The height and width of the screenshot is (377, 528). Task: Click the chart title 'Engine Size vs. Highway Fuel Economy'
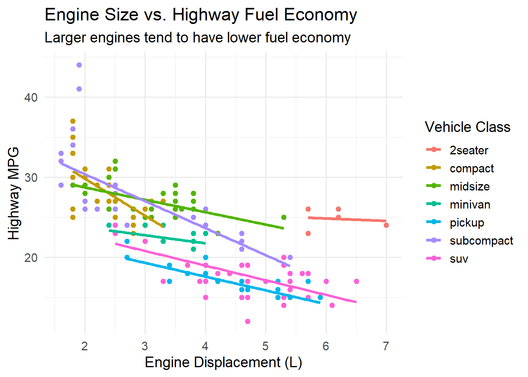pyautogui.click(x=201, y=15)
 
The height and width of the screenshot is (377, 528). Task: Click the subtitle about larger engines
pyautogui.click(x=197, y=38)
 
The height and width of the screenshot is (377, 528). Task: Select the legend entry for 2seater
pyautogui.click(x=469, y=150)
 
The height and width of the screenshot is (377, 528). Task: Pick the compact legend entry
pyautogui.click(x=471, y=168)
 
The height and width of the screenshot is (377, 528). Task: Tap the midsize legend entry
pyautogui.click(x=469, y=186)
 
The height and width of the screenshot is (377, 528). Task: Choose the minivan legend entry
pyautogui.click(x=470, y=204)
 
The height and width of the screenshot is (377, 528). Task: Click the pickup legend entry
pyautogui.click(x=467, y=222)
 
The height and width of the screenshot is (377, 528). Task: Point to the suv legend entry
pyautogui.click(x=459, y=258)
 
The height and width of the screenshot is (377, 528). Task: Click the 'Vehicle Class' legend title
pyautogui.click(x=467, y=127)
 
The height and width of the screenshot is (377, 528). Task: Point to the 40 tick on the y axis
pyautogui.click(x=31, y=97)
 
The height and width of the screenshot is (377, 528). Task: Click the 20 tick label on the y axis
pyautogui.click(x=31, y=258)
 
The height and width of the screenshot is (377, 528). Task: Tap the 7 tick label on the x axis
pyautogui.click(x=386, y=346)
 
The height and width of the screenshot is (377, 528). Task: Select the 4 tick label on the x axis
pyautogui.click(x=205, y=346)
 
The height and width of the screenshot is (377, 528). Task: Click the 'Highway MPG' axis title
pyautogui.click(x=14, y=193)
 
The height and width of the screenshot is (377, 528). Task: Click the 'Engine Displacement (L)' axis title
pyautogui.click(x=223, y=362)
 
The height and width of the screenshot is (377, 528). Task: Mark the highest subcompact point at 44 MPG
pyautogui.click(x=79, y=65)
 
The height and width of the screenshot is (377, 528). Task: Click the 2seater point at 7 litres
pyautogui.click(x=386, y=225)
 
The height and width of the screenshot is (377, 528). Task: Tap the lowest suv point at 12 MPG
pyautogui.click(x=247, y=321)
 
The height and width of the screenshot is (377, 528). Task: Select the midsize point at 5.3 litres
pyautogui.click(x=284, y=217)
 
